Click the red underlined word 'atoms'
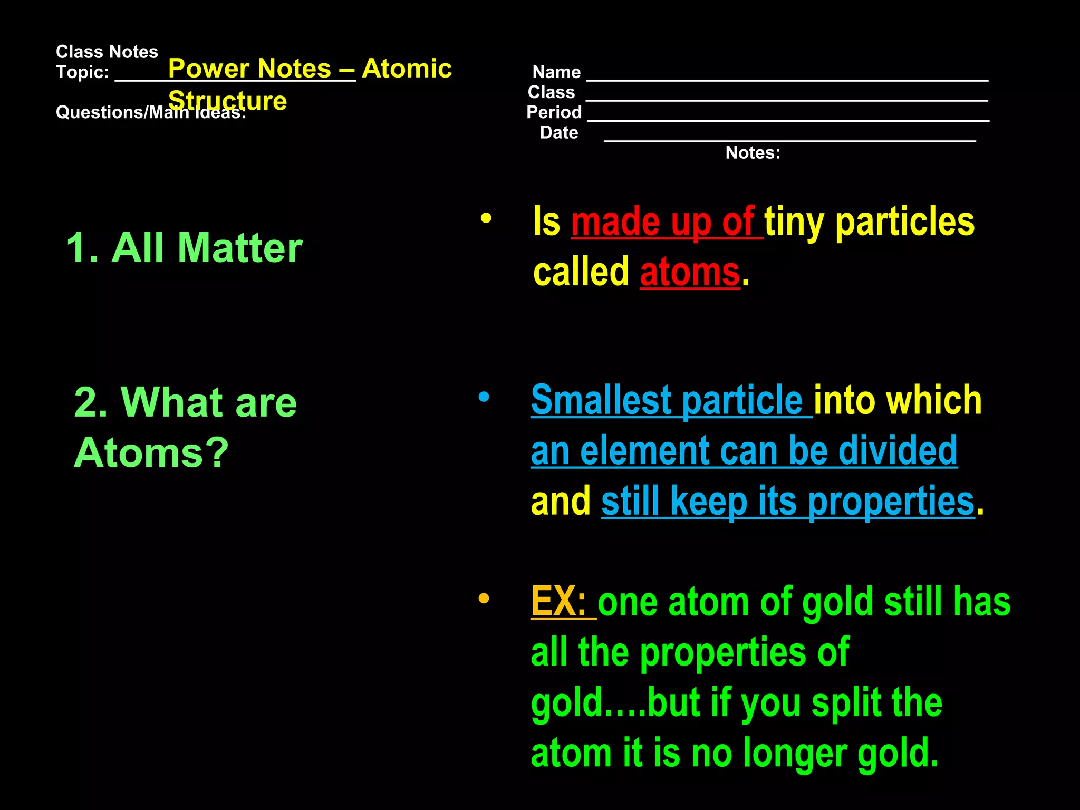pyautogui.click(x=690, y=273)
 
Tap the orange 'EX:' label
pyautogui.click(x=558, y=601)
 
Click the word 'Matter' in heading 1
pyautogui.click(x=240, y=248)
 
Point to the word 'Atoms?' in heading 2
pyautogui.click(x=151, y=452)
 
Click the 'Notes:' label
pyautogui.click(x=753, y=153)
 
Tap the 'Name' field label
pyautogui.click(x=556, y=72)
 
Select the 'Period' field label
pyautogui.click(x=554, y=112)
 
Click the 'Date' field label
pyautogui.click(x=559, y=133)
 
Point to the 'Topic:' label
pyautogui.click(x=82, y=72)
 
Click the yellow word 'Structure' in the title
pyautogui.click(x=228, y=101)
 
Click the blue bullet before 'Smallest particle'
pyautogui.click(x=484, y=397)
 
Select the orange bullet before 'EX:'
pyautogui.click(x=484, y=598)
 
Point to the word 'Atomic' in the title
pyautogui.click(x=407, y=69)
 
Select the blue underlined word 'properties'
pyautogui.click(x=891, y=501)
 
